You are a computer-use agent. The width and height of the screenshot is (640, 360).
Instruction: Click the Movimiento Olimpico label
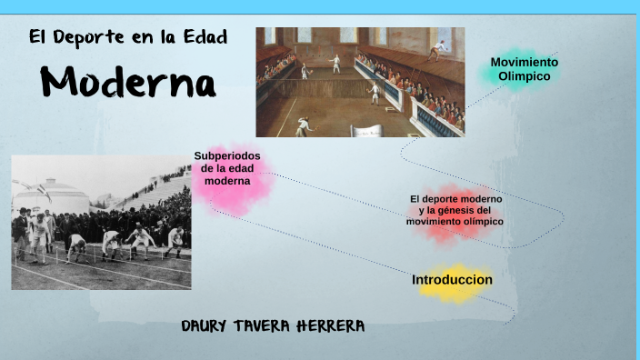click(x=524, y=69)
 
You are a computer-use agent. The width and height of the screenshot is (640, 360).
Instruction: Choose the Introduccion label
click(x=452, y=280)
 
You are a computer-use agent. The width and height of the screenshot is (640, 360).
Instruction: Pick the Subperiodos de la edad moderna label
click(x=226, y=168)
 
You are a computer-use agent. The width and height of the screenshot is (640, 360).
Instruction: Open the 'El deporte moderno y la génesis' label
click(x=455, y=210)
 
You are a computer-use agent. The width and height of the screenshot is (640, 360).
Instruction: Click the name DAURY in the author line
click(x=210, y=326)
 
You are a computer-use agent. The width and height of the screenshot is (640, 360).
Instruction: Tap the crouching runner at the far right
click(x=175, y=240)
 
